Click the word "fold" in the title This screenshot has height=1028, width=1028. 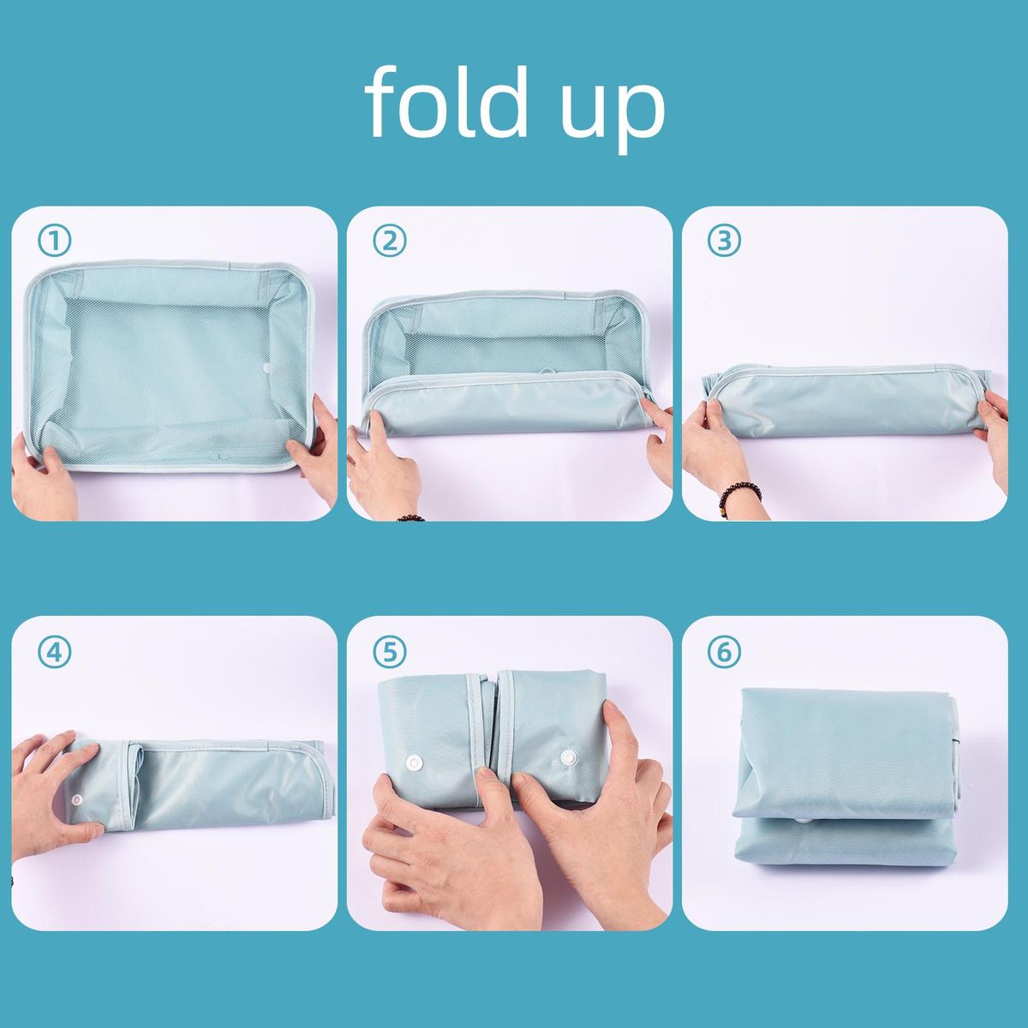pos(446,101)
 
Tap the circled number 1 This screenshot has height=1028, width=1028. pos(55,241)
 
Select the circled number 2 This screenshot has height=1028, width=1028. pos(390,241)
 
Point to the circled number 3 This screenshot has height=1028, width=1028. pos(724,241)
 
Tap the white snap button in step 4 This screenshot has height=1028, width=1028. pos(78,798)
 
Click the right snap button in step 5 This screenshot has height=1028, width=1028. pos(569,756)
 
